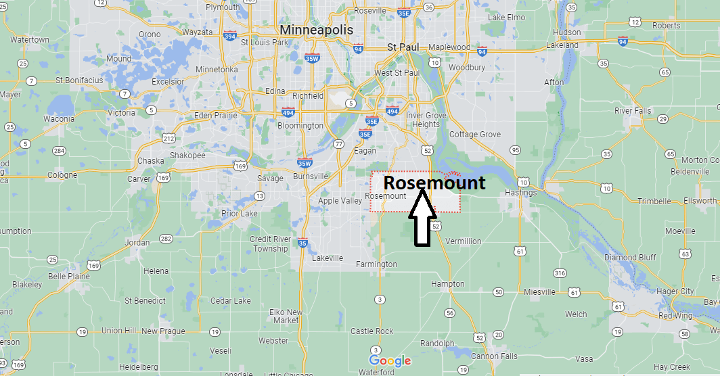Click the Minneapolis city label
coord(315,30)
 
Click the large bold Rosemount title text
coord(434,183)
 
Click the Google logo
coord(390,361)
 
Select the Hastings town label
coord(520,193)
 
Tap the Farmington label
coord(377,264)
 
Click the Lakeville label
coord(328,258)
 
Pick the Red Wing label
coord(675,316)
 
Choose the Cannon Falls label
coord(494,356)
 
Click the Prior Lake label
coord(240,214)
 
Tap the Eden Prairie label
coord(217,116)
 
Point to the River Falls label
coord(633,111)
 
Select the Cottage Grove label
coord(475,135)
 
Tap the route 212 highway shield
coord(168,139)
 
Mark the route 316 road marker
coord(559,273)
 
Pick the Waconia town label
coord(59,119)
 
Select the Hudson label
coord(566,32)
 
